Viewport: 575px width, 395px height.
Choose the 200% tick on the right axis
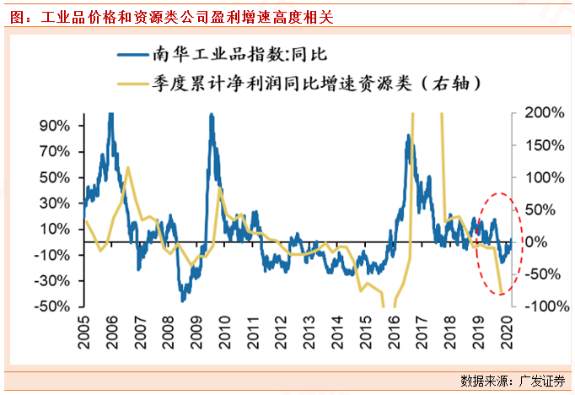[545, 112]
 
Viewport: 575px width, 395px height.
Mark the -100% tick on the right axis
[543, 306]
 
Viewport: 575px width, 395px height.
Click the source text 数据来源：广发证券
[513, 378]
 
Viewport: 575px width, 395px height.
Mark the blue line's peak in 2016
[407, 138]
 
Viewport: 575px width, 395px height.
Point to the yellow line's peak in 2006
[127, 168]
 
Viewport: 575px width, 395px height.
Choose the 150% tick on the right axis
[545, 145]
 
